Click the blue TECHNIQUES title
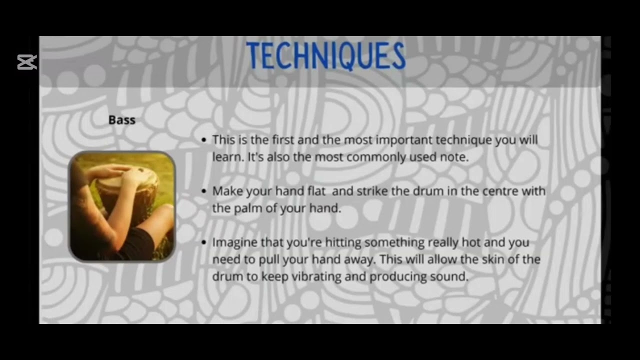[x=325, y=56]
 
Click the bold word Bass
[x=122, y=120]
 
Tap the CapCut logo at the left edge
[x=27, y=62]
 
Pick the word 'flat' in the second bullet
[x=314, y=191]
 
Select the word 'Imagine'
[x=232, y=242]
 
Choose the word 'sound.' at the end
[x=452, y=276]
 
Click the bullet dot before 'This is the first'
[x=203, y=140]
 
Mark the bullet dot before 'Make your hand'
[x=203, y=191]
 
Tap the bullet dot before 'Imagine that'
[x=203, y=242]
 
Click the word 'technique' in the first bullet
[x=464, y=140]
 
